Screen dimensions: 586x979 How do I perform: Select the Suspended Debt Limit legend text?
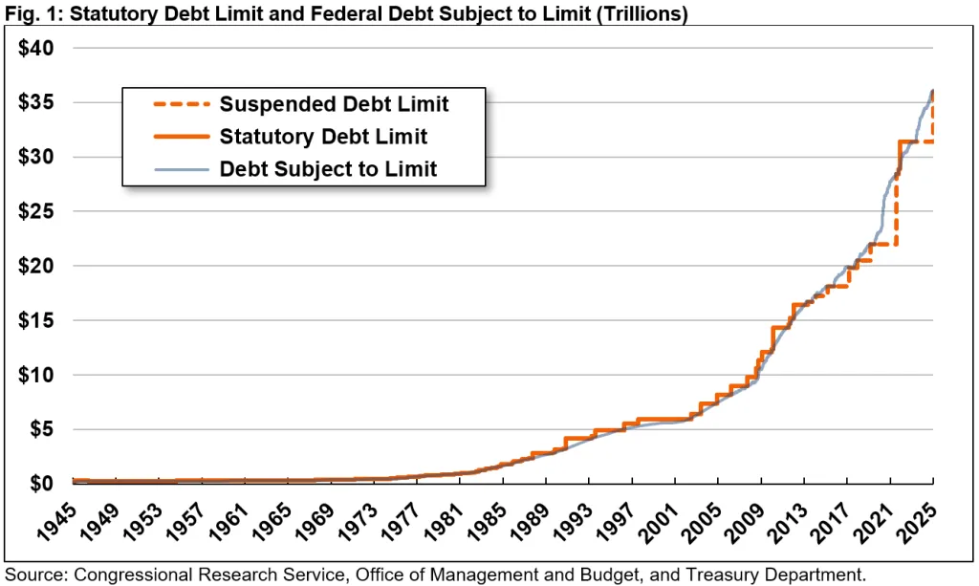(x=334, y=103)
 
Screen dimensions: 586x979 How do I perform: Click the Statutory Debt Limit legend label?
(x=323, y=136)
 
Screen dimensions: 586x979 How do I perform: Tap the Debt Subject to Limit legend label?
(x=328, y=169)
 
